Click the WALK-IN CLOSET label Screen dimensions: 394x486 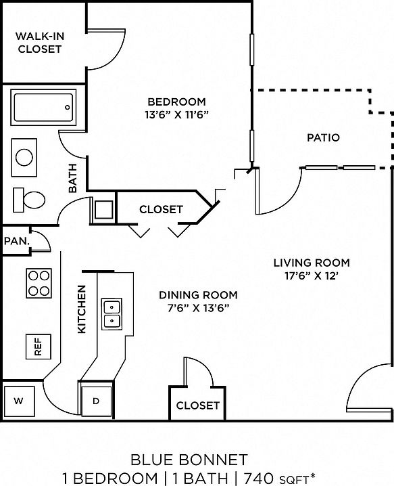click(40, 43)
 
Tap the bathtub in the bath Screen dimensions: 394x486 click(43, 108)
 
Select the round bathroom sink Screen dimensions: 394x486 click(24, 158)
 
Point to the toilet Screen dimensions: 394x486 click(29, 200)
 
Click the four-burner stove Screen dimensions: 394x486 click(39, 284)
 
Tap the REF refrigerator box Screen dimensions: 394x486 click(38, 347)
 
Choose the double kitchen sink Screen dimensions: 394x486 click(112, 314)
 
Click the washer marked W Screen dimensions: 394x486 click(18, 401)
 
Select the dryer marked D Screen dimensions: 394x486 click(96, 401)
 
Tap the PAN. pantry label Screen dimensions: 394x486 click(17, 241)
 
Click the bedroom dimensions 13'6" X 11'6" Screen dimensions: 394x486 click(177, 115)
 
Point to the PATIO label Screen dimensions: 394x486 click(324, 137)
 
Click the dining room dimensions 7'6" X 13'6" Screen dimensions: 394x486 click(198, 308)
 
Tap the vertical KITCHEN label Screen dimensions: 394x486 click(81, 309)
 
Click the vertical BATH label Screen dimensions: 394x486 click(72, 178)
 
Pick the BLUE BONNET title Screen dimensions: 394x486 click(189, 460)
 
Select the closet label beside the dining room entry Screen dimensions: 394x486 click(197, 405)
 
